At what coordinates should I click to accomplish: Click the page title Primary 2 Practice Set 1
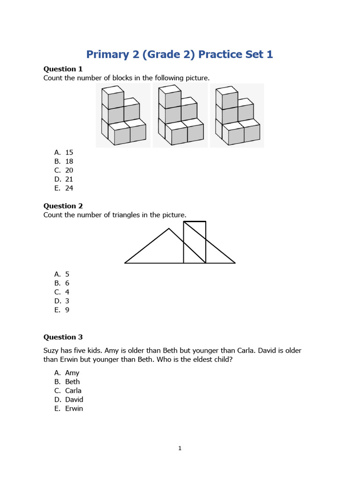coord(180,54)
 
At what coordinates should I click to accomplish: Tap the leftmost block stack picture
coord(123,115)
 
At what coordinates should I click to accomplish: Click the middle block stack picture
coord(180,115)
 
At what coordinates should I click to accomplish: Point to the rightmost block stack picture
coord(237,115)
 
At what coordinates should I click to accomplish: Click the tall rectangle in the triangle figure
coord(195,242)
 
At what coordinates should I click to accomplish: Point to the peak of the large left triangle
coord(169,229)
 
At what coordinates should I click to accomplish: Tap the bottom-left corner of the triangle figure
coord(125,263)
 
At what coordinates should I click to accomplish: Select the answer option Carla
coord(73,390)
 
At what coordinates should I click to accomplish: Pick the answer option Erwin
coord(74,408)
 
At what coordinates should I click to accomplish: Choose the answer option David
coord(74,399)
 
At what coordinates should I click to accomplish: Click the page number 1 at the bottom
coord(180,449)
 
